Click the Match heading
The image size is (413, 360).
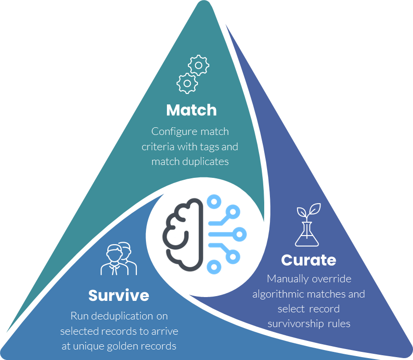coord(191,110)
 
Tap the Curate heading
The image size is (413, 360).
coord(309,260)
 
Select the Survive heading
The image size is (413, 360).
coord(119,296)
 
